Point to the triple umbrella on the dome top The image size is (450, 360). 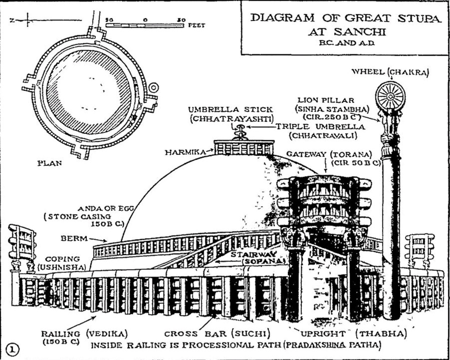click(240, 131)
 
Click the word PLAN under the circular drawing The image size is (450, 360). click(49, 162)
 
